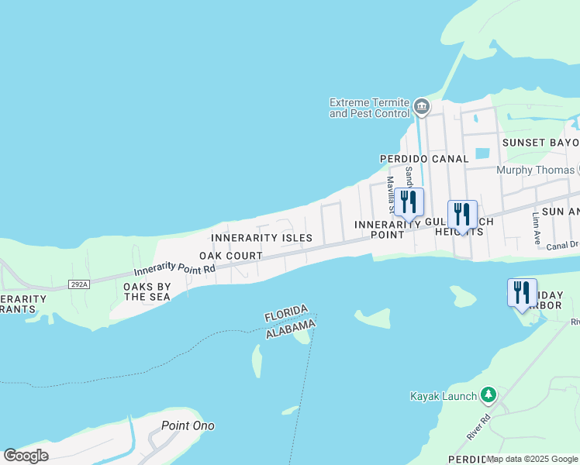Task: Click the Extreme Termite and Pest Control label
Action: [x=369, y=108]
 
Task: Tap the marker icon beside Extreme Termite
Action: [x=421, y=106]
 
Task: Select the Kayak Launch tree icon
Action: [x=488, y=395]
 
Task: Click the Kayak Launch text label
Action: [x=443, y=396]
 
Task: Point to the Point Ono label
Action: [x=188, y=425]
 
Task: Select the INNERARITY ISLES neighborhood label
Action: [x=261, y=238]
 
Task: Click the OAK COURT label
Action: [x=230, y=256]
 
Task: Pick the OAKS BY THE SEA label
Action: [x=147, y=291]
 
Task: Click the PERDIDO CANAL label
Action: [x=423, y=159]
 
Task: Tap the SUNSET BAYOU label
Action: [x=540, y=143]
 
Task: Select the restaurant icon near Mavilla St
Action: [x=409, y=202]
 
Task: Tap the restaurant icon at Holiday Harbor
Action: [x=522, y=292]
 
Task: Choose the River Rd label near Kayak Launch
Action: [x=478, y=429]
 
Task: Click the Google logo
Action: [x=26, y=456]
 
